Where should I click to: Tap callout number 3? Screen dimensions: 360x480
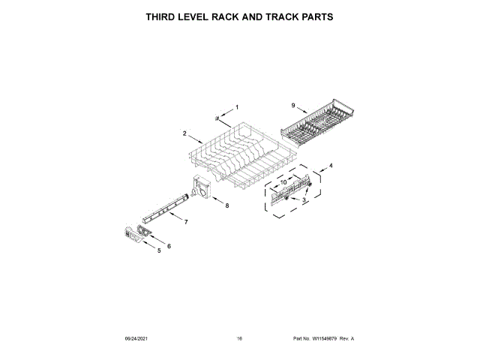[304, 201]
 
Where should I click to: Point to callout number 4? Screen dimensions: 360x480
[331, 165]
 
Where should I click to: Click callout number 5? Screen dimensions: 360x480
[159, 250]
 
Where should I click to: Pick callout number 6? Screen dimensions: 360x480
[169, 245]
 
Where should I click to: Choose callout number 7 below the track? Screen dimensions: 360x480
[186, 222]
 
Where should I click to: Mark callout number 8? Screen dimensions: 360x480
[228, 204]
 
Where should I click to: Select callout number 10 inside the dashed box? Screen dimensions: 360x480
[283, 181]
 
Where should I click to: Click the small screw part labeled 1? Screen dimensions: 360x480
[217, 117]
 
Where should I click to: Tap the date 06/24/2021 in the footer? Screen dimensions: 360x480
[136, 340]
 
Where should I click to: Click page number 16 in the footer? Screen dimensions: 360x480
[239, 340]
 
